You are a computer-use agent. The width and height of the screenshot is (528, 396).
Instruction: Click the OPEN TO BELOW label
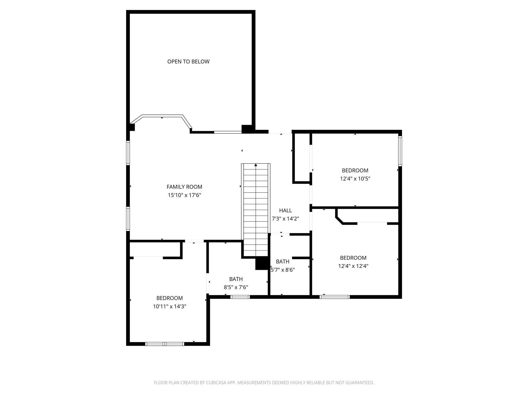click(x=188, y=62)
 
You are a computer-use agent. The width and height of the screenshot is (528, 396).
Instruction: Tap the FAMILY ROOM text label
click(x=184, y=187)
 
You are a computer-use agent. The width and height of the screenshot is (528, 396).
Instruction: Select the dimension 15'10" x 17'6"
click(x=184, y=195)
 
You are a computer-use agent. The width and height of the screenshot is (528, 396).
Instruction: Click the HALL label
click(x=285, y=211)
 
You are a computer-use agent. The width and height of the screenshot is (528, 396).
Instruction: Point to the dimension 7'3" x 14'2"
click(x=285, y=219)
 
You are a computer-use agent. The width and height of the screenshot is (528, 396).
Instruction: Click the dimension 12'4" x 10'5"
click(x=355, y=179)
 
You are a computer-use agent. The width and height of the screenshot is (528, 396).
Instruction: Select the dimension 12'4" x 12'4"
click(x=353, y=266)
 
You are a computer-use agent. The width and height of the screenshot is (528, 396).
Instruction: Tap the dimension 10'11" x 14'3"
click(x=169, y=307)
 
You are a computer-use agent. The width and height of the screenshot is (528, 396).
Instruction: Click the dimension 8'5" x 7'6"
click(x=236, y=287)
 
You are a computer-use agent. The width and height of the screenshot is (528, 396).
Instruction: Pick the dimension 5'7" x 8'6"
click(x=283, y=270)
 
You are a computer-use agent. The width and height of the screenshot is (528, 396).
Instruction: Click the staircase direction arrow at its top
click(x=256, y=165)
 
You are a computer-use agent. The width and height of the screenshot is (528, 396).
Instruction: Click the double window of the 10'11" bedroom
click(x=165, y=344)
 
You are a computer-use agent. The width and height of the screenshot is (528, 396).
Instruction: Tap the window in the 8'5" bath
click(x=240, y=297)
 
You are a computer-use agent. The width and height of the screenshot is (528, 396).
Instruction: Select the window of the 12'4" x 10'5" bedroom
click(x=400, y=151)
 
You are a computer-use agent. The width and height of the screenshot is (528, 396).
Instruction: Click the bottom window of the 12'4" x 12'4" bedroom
click(x=334, y=297)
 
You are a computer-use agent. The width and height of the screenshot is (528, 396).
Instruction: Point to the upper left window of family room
click(x=128, y=153)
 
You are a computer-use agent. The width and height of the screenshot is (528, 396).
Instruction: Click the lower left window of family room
click(x=128, y=219)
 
